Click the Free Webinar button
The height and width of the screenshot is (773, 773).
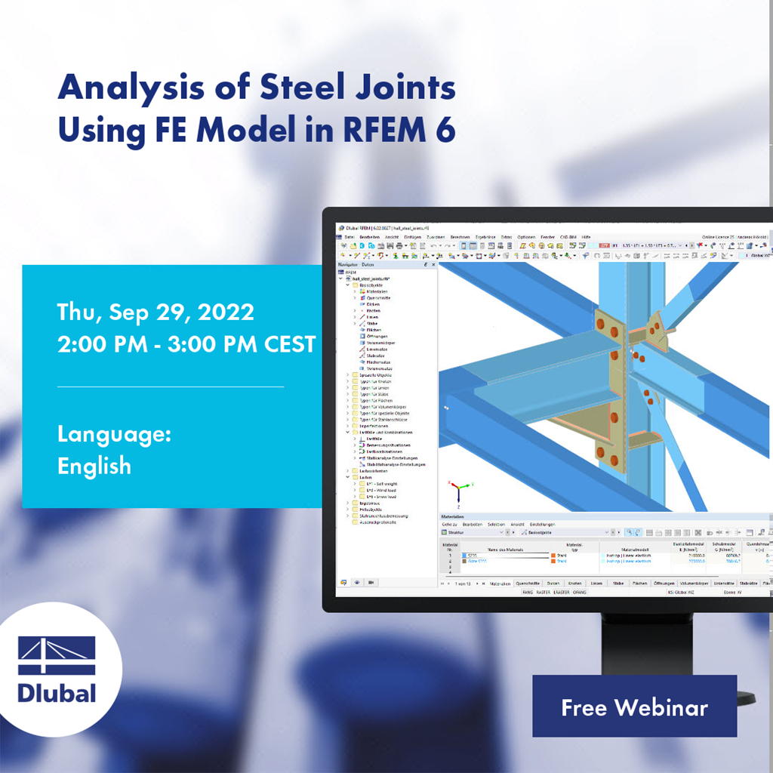(x=634, y=707)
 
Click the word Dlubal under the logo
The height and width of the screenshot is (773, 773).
(x=57, y=692)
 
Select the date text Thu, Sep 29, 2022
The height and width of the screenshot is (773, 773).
(x=156, y=312)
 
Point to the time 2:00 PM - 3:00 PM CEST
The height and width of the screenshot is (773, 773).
(x=186, y=343)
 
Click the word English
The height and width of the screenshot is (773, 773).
(x=94, y=466)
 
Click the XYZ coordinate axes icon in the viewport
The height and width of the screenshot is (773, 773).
(x=458, y=491)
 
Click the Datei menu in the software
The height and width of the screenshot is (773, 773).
(x=349, y=237)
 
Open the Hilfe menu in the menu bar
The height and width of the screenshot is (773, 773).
(x=586, y=237)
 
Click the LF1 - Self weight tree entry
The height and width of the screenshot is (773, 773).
(x=382, y=483)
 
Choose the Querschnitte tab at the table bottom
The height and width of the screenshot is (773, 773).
(x=526, y=584)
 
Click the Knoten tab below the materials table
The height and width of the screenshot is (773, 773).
(x=574, y=584)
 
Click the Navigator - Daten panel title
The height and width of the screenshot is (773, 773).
(x=356, y=265)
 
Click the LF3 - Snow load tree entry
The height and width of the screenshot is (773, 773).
(x=381, y=497)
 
